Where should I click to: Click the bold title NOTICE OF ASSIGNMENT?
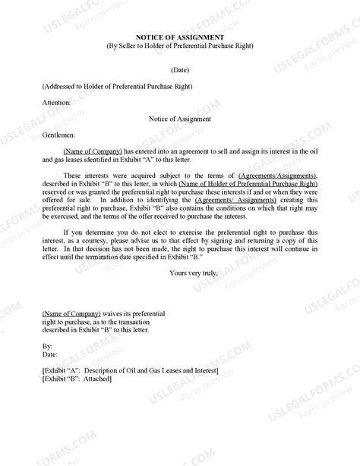179,36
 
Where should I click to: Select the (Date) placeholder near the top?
180,68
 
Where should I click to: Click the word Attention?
58,101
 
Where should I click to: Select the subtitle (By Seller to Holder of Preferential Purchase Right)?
180,46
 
